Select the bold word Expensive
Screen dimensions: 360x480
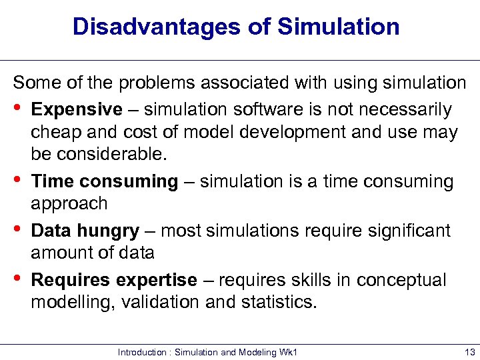(x=77, y=109)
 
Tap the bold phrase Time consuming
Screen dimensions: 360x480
(x=105, y=181)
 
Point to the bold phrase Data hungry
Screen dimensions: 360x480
(x=85, y=231)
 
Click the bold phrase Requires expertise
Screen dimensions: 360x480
(x=114, y=280)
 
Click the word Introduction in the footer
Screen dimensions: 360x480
(x=143, y=351)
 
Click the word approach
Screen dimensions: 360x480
(x=69, y=203)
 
